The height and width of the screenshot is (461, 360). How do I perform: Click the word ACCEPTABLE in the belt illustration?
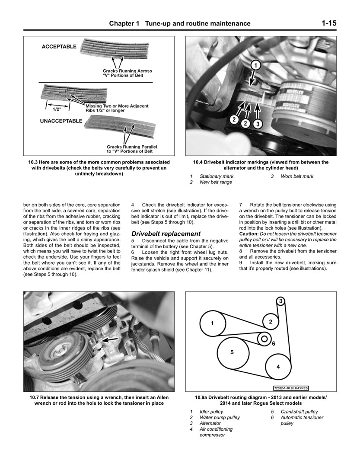59,47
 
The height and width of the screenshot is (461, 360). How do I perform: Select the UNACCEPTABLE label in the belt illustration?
61,121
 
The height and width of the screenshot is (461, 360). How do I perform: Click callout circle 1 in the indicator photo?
255,66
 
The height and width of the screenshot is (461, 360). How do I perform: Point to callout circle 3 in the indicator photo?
257,123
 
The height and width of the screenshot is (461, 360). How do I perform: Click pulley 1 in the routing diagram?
212,323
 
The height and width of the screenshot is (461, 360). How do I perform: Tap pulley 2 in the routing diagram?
271,321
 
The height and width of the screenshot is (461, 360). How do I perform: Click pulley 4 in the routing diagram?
278,366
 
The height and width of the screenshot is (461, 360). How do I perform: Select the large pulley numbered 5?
232,352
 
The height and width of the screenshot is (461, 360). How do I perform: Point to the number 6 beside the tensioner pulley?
273,344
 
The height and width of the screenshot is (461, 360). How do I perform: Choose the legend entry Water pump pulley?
219,417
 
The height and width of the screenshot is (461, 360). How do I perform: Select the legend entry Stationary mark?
216,176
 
